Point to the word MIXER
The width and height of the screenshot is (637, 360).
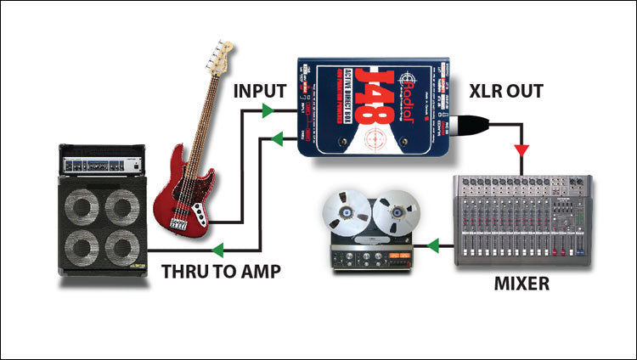pos(521,283)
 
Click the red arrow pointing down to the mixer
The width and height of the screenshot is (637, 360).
pos(519,149)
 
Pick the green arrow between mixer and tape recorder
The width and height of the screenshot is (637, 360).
pos(433,247)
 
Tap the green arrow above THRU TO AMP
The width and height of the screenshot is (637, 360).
pos(218,250)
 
